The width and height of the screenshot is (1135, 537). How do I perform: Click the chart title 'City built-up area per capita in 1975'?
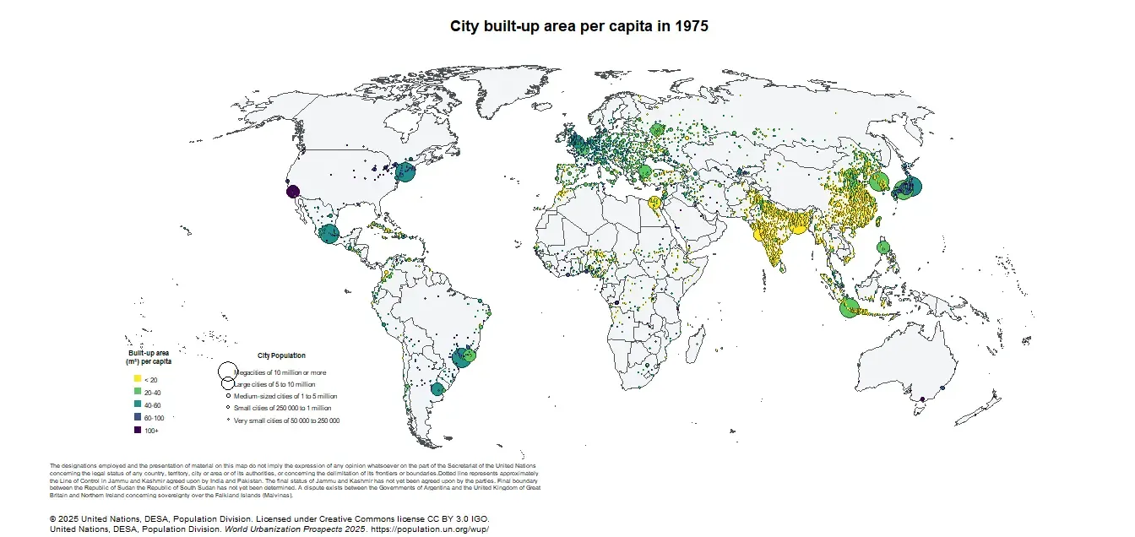tap(578, 26)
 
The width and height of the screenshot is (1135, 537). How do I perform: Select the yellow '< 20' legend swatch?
tap(137, 380)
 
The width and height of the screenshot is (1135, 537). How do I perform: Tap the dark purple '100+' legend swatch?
tap(137, 431)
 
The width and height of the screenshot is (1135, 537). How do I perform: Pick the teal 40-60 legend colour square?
tap(137, 405)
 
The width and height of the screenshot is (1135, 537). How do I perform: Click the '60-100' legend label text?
tap(154, 418)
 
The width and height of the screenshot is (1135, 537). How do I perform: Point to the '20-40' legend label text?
tap(153, 393)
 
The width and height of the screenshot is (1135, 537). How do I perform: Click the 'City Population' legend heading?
tap(281, 355)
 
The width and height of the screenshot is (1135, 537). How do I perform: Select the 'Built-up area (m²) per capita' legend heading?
tap(149, 357)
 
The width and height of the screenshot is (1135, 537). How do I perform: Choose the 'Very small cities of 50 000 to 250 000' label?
tap(286, 420)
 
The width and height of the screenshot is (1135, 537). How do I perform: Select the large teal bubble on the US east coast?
tap(405, 172)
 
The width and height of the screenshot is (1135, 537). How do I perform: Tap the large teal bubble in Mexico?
tap(329, 234)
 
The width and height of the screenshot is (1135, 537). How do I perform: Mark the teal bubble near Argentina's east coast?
tap(437, 389)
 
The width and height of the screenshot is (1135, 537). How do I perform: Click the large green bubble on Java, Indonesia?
tap(850, 308)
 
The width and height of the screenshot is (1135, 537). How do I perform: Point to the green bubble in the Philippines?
tap(884, 248)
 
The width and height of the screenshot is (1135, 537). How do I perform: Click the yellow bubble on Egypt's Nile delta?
tap(654, 202)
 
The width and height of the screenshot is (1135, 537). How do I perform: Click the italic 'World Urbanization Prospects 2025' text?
tap(295, 529)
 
